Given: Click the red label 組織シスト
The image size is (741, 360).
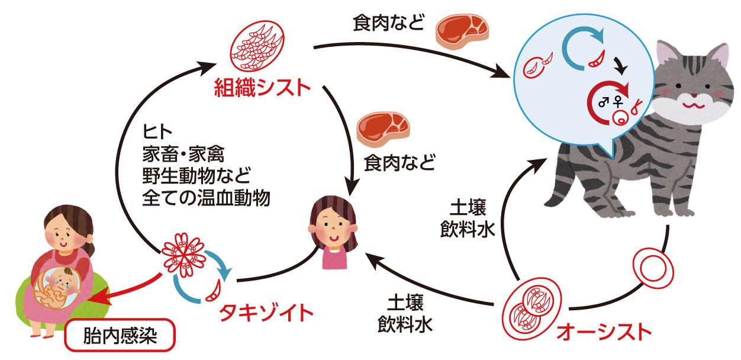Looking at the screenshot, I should [262, 88].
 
